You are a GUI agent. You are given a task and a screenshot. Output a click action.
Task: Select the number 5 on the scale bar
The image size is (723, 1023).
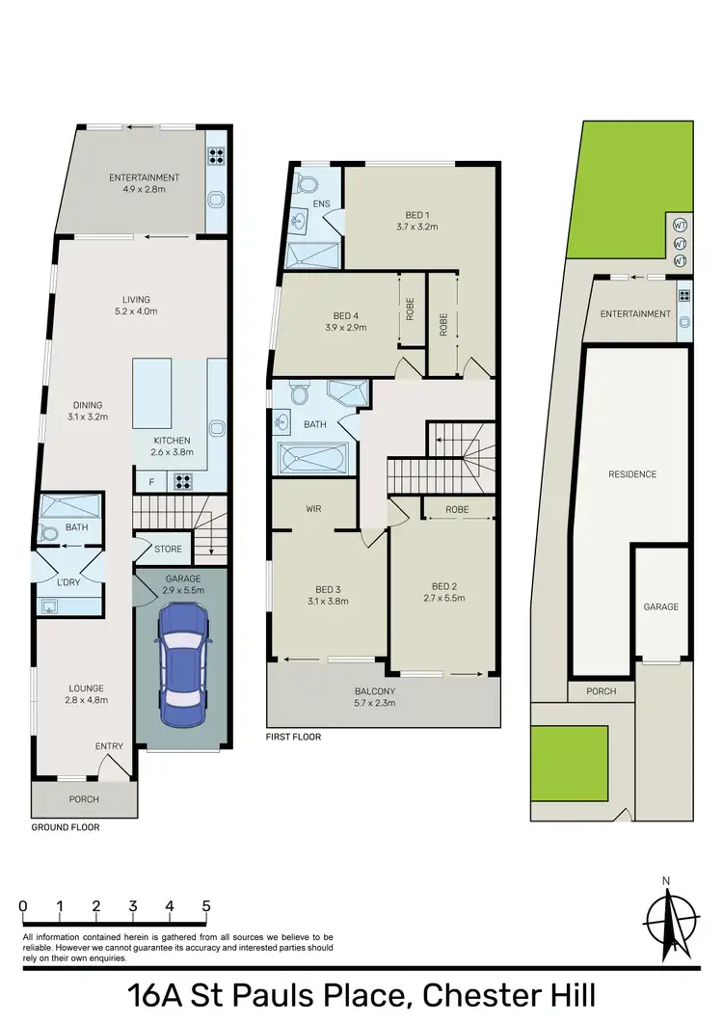pyautogui.click(x=206, y=906)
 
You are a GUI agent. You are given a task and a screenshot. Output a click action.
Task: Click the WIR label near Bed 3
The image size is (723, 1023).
pyautogui.click(x=313, y=507)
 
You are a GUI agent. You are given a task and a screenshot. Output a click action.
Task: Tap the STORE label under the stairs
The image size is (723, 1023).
pyautogui.click(x=168, y=550)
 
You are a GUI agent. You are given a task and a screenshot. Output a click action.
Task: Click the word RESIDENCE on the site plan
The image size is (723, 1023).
pyautogui.click(x=631, y=473)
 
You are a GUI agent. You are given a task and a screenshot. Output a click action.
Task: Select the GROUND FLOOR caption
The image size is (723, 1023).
pyautogui.click(x=65, y=827)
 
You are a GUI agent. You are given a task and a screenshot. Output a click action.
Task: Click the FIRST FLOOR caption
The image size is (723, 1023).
pyautogui.click(x=294, y=737)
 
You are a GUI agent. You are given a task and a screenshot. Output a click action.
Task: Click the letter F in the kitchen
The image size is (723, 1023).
pyautogui.click(x=151, y=481)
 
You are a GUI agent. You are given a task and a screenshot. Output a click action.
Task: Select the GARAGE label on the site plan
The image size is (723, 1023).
pyautogui.click(x=661, y=606)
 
